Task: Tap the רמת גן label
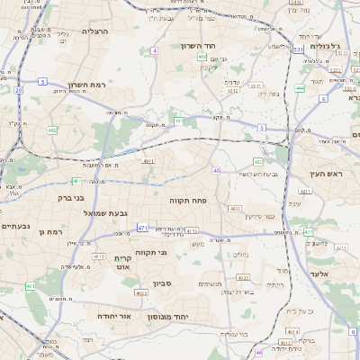[x=54, y=232]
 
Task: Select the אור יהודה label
[x=114, y=318]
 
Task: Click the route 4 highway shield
[x=154, y=51]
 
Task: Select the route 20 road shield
[x=18, y=90]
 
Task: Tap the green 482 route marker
[x=52, y=130]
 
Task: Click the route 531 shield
[x=298, y=50]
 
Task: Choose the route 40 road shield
[x=216, y=170]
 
